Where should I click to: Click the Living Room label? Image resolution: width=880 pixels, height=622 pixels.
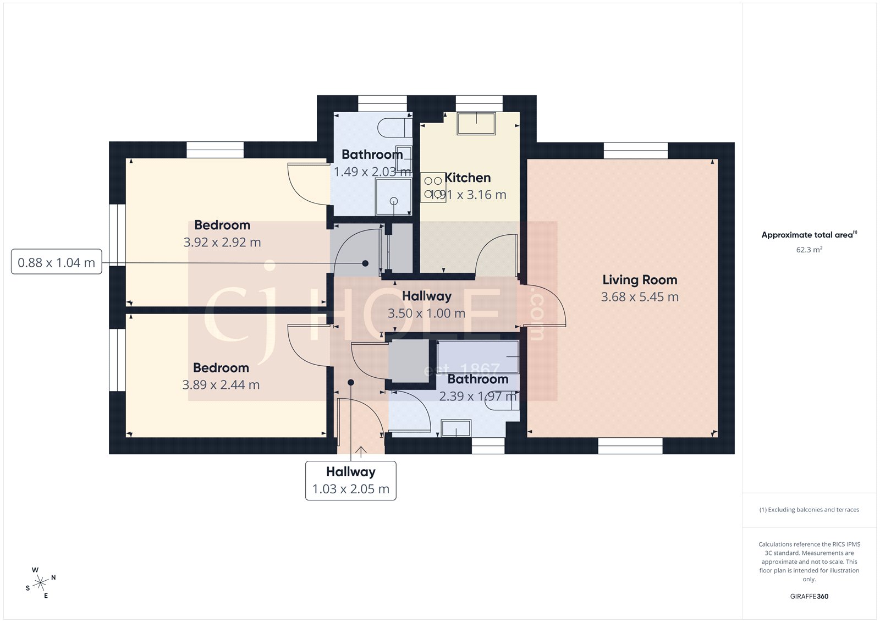pos(639,280)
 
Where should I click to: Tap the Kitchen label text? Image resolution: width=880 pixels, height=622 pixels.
pos(468,178)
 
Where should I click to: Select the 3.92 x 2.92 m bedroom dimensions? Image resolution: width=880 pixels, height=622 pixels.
pos(222,242)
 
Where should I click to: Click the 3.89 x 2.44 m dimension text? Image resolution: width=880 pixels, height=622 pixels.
pos(221,385)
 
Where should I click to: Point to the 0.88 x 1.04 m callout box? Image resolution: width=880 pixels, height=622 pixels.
pos(56,262)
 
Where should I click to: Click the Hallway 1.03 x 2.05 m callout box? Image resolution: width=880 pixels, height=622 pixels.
pos(350,481)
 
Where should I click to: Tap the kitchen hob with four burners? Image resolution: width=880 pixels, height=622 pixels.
pos(433,188)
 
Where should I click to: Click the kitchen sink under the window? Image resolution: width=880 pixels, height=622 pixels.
pos(476,123)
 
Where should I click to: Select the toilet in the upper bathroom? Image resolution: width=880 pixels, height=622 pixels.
pos(394,128)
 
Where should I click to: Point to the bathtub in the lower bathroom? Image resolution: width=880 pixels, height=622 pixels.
pos(478,356)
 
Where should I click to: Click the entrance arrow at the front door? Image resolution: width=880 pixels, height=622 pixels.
pos(361,452)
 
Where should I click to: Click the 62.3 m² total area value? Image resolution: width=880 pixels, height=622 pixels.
pos(809,250)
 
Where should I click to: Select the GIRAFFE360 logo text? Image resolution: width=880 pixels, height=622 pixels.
pos(809,596)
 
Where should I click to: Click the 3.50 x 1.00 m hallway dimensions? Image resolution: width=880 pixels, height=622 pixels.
pos(426,313)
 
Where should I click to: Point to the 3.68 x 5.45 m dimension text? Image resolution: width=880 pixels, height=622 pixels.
pos(639,297)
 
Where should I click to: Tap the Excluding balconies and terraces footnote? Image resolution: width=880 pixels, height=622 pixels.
pos(809,510)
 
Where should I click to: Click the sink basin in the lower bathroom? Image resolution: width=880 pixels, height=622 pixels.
pos(456,428)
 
